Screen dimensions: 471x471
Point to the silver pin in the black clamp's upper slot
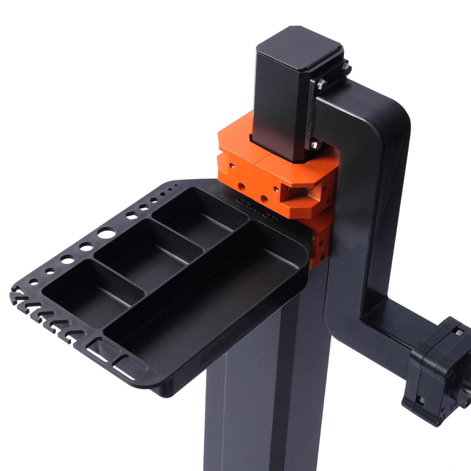(458, 333)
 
